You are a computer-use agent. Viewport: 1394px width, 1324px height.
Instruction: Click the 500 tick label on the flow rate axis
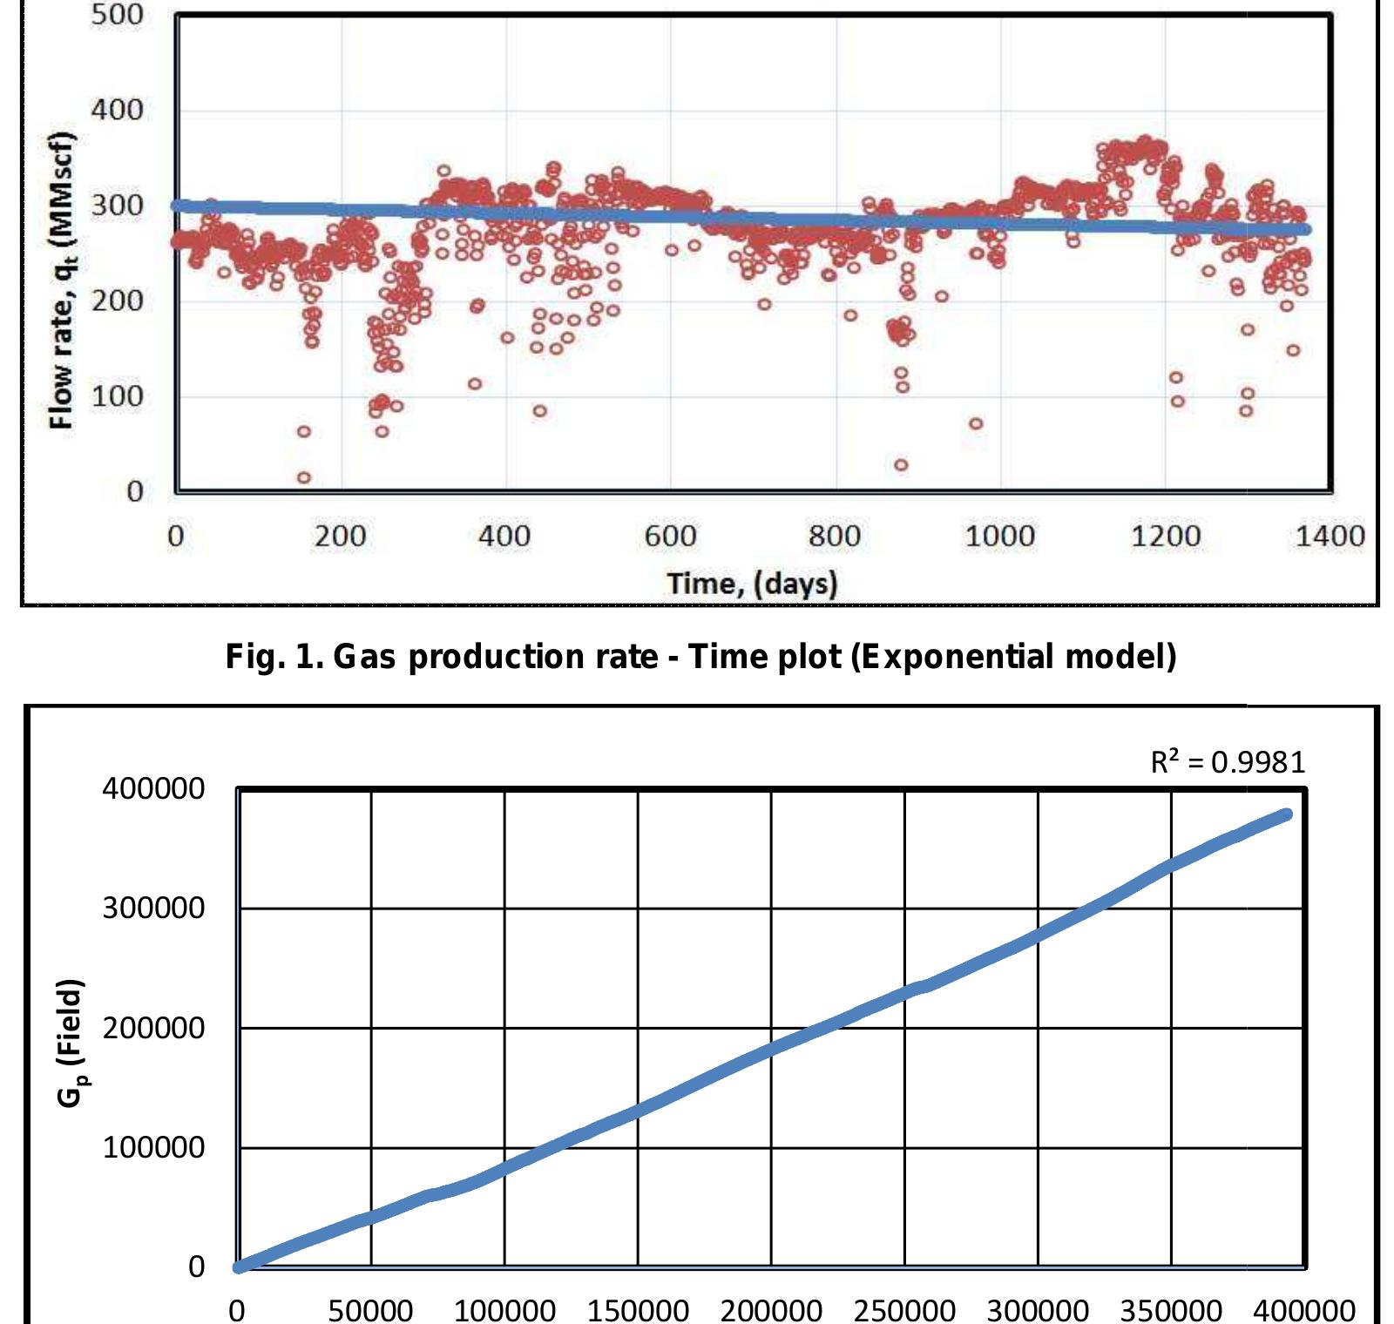point(118,15)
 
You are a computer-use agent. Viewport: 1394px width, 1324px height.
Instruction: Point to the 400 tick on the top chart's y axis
point(118,111)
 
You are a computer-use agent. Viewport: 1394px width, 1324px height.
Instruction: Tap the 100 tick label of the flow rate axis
point(118,396)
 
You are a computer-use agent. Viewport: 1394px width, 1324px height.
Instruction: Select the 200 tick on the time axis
point(340,535)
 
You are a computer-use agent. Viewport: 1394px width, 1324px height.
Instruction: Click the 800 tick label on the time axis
point(835,535)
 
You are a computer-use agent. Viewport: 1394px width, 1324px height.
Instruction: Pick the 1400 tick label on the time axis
point(1330,535)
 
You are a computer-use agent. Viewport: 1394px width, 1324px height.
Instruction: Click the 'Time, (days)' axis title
point(752,583)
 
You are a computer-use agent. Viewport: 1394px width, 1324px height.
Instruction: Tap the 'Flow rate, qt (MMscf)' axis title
point(61,280)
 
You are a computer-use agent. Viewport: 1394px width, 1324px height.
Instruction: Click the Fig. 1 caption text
point(700,656)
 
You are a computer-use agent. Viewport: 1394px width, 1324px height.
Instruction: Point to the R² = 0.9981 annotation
point(1228,763)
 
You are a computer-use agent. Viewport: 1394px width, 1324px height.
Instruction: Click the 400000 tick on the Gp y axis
point(154,789)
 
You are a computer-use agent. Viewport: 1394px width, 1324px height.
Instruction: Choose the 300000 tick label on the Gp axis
point(154,909)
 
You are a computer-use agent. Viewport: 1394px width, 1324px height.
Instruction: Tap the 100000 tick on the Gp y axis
point(154,1147)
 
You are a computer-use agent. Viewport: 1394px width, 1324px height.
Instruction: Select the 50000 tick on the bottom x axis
point(370,1309)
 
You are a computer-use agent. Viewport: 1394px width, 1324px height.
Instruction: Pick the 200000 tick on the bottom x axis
point(770,1309)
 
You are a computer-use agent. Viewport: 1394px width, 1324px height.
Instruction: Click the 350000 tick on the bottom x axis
point(1170,1309)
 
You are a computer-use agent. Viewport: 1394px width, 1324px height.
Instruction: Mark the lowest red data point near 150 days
point(304,477)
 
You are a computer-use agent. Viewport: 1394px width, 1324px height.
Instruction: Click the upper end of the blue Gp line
point(1286,814)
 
